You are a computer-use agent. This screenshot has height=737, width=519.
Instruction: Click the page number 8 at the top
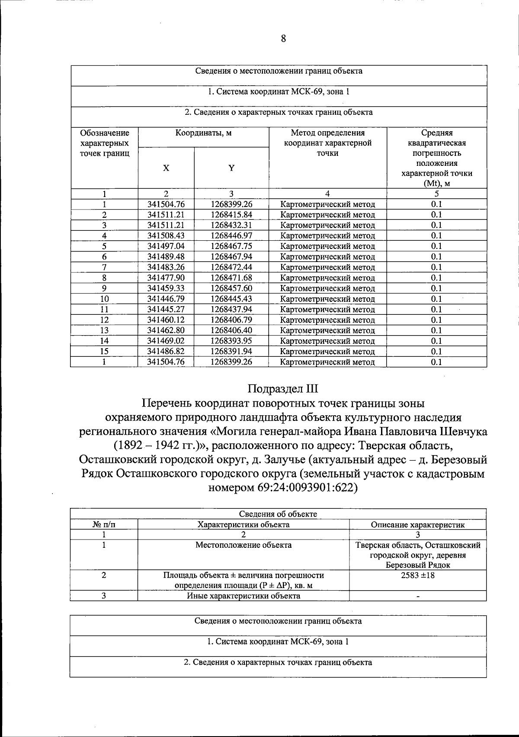click(x=283, y=39)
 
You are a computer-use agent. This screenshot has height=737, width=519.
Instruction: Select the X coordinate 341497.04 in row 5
click(x=166, y=246)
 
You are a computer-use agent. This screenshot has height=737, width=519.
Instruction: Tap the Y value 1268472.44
click(x=231, y=267)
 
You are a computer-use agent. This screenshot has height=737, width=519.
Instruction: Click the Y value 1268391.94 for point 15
click(x=231, y=351)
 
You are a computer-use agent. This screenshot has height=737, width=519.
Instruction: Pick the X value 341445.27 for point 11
click(x=166, y=309)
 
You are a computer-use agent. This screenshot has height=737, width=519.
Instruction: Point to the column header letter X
click(x=166, y=168)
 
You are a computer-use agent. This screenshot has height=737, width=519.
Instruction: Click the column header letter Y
click(x=231, y=168)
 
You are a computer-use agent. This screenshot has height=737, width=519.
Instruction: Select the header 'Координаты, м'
click(x=203, y=133)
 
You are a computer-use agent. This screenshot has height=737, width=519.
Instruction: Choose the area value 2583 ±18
click(x=417, y=575)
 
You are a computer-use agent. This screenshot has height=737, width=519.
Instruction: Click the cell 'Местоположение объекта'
click(x=243, y=545)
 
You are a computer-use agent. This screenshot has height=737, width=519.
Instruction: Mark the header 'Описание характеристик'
click(x=417, y=525)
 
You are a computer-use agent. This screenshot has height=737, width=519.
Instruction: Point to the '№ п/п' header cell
click(x=104, y=525)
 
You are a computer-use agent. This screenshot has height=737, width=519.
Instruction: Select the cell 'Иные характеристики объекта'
click(x=243, y=596)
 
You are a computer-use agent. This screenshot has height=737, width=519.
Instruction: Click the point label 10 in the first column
click(x=104, y=299)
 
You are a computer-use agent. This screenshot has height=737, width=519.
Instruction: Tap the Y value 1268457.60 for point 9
click(x=231, y=288)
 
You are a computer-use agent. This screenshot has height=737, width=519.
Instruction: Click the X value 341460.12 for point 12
click(x=166, y=320)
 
